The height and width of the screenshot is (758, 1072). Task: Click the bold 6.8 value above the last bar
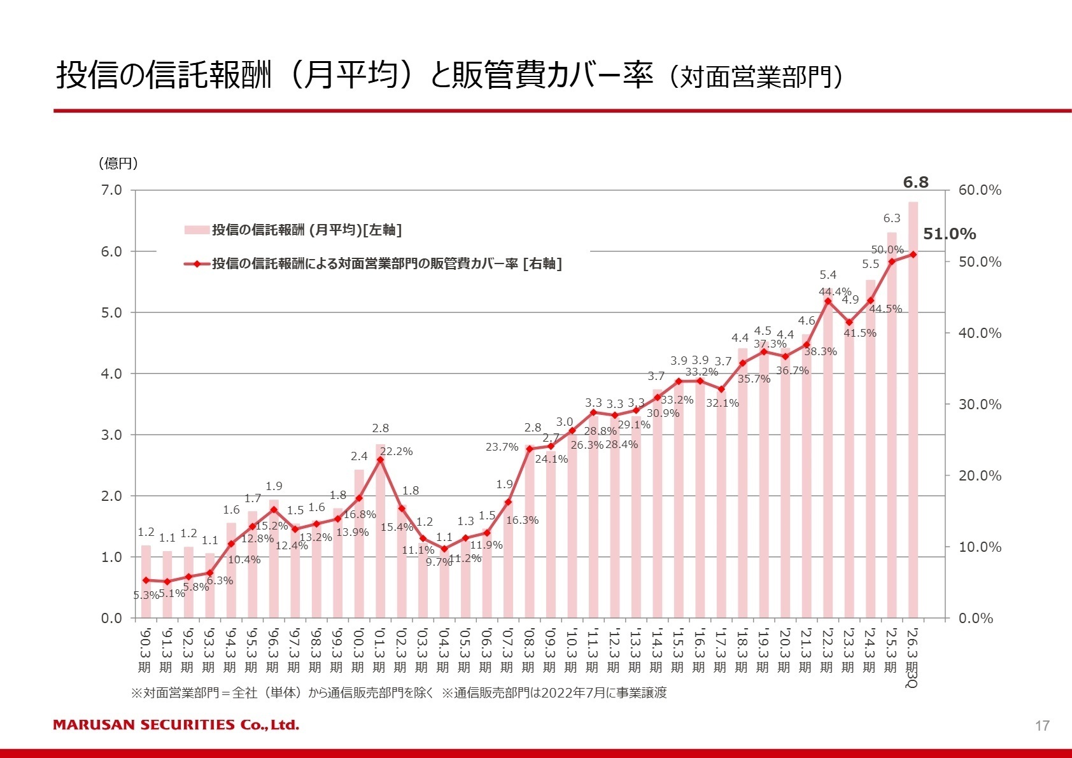click(x=915, y=183)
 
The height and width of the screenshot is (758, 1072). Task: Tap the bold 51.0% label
click(x=949, y=234)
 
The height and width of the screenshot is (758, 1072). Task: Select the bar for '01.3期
click(x=380, y=531)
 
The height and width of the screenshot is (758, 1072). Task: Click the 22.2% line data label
click(x=396, y=451)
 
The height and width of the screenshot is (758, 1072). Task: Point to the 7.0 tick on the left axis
click(x=111, y=190)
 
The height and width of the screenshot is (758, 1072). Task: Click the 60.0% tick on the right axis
click(x=980, y=190)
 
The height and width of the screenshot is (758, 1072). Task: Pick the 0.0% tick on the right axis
click(x=976, y=618)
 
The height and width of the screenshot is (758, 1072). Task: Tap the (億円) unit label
click(x=118, y=164)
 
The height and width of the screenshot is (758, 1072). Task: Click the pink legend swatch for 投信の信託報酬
click(x=196, y=230)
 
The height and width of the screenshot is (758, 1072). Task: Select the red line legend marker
click(x=197, y=263)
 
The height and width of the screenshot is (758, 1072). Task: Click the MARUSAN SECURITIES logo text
click(x=176, y=725)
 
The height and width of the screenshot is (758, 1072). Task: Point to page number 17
click(x=1042, y=726)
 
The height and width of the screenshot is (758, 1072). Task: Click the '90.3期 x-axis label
click(x=145, y=650)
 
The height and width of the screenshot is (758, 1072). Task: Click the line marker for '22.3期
click(x=828, y=301)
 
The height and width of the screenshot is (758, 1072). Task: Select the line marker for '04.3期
click(x=444, y=549)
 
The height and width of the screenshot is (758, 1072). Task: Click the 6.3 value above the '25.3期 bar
click(x=891, y=218)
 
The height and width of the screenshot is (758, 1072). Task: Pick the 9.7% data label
click(x=439, y=562)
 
